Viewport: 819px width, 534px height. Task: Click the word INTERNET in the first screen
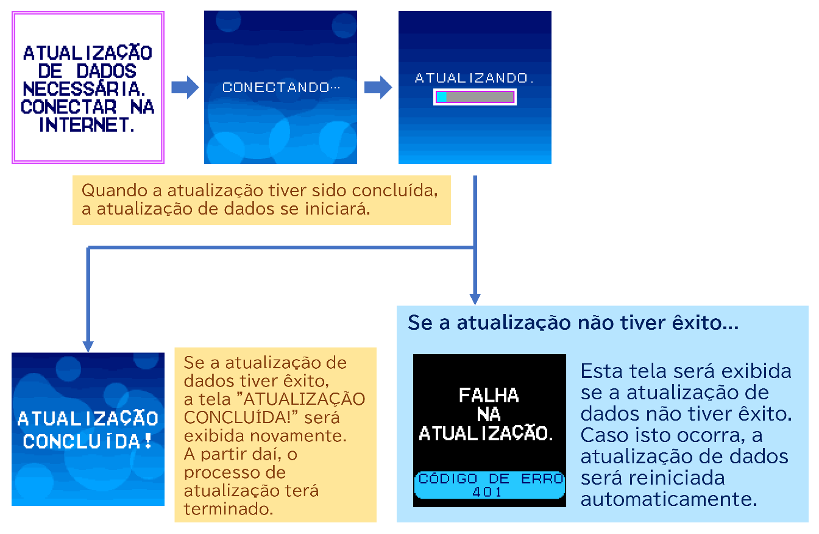tap(87, 125)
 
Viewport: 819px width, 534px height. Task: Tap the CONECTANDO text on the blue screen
tap(281, 87)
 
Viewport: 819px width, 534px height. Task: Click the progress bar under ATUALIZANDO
tap(475, 97)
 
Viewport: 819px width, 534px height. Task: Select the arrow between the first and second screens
tap(185, 87)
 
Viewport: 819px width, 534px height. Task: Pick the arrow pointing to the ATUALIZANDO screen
tap(378, 87)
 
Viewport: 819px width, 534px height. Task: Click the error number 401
tap(487, 492)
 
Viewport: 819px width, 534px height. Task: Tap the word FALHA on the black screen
tap(489, 396)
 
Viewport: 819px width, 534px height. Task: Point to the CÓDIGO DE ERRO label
tap(491, 479)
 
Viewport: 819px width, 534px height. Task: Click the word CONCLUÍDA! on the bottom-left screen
tap(87, 441)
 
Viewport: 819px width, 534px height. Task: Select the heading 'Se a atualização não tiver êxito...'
tap(573, 323)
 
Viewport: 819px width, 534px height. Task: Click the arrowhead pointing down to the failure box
tap(475, 299)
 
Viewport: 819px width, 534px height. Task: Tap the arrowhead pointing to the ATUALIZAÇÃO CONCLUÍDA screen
tap(88, 346)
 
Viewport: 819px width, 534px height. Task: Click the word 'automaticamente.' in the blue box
tap(668, 499)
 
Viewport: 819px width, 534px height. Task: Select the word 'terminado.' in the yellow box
tap(229, 509)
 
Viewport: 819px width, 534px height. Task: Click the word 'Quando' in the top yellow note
tap(115, 191)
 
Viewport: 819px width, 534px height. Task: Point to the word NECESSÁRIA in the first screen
tap(83, 88)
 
